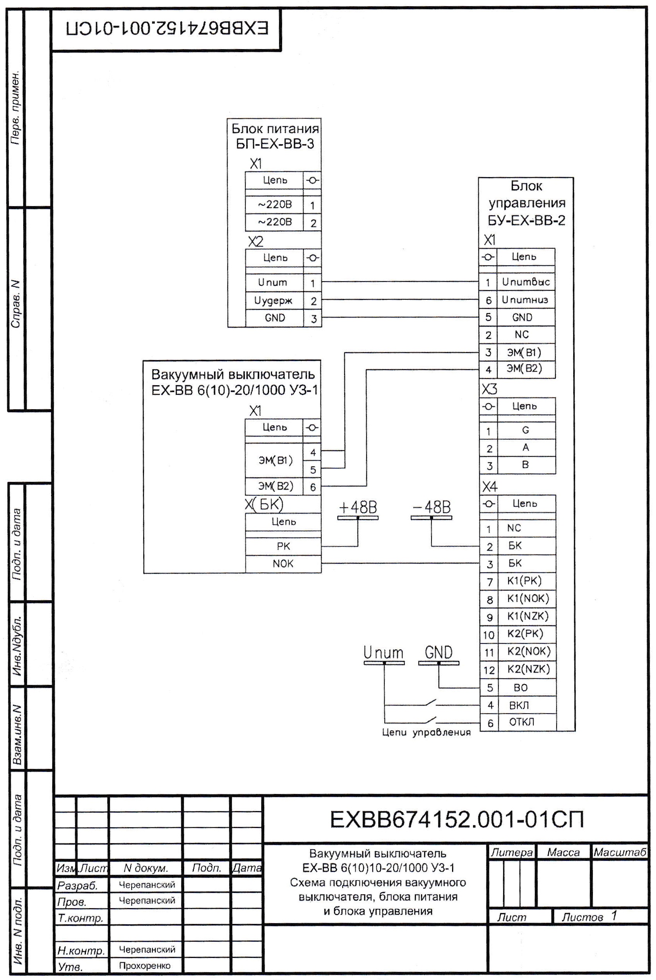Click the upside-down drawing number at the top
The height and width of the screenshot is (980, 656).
point(167,29)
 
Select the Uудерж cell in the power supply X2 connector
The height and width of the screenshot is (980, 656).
point(274,300)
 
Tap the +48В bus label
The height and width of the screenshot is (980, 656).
point(358,507)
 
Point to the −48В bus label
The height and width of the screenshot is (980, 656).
point(432,507)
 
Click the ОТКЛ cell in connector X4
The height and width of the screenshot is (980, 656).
point(526,722)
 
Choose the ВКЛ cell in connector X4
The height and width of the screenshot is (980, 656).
point(526,705)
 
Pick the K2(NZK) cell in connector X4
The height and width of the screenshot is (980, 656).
point(526,669)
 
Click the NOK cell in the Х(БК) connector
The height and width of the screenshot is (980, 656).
point(283,563)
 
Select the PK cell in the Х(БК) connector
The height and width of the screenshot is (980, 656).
point(283,546)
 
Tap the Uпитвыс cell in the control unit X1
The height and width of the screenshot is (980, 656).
point(526,282)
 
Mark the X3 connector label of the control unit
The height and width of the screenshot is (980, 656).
point(489,389)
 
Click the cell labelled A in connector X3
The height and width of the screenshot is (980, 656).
point(526,448)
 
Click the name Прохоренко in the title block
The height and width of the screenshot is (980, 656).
point(145,966)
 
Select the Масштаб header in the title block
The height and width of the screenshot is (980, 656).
point(620,852)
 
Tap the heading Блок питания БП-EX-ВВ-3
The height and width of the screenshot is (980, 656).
point(275,136)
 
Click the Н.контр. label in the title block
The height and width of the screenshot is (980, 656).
point(81,951)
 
